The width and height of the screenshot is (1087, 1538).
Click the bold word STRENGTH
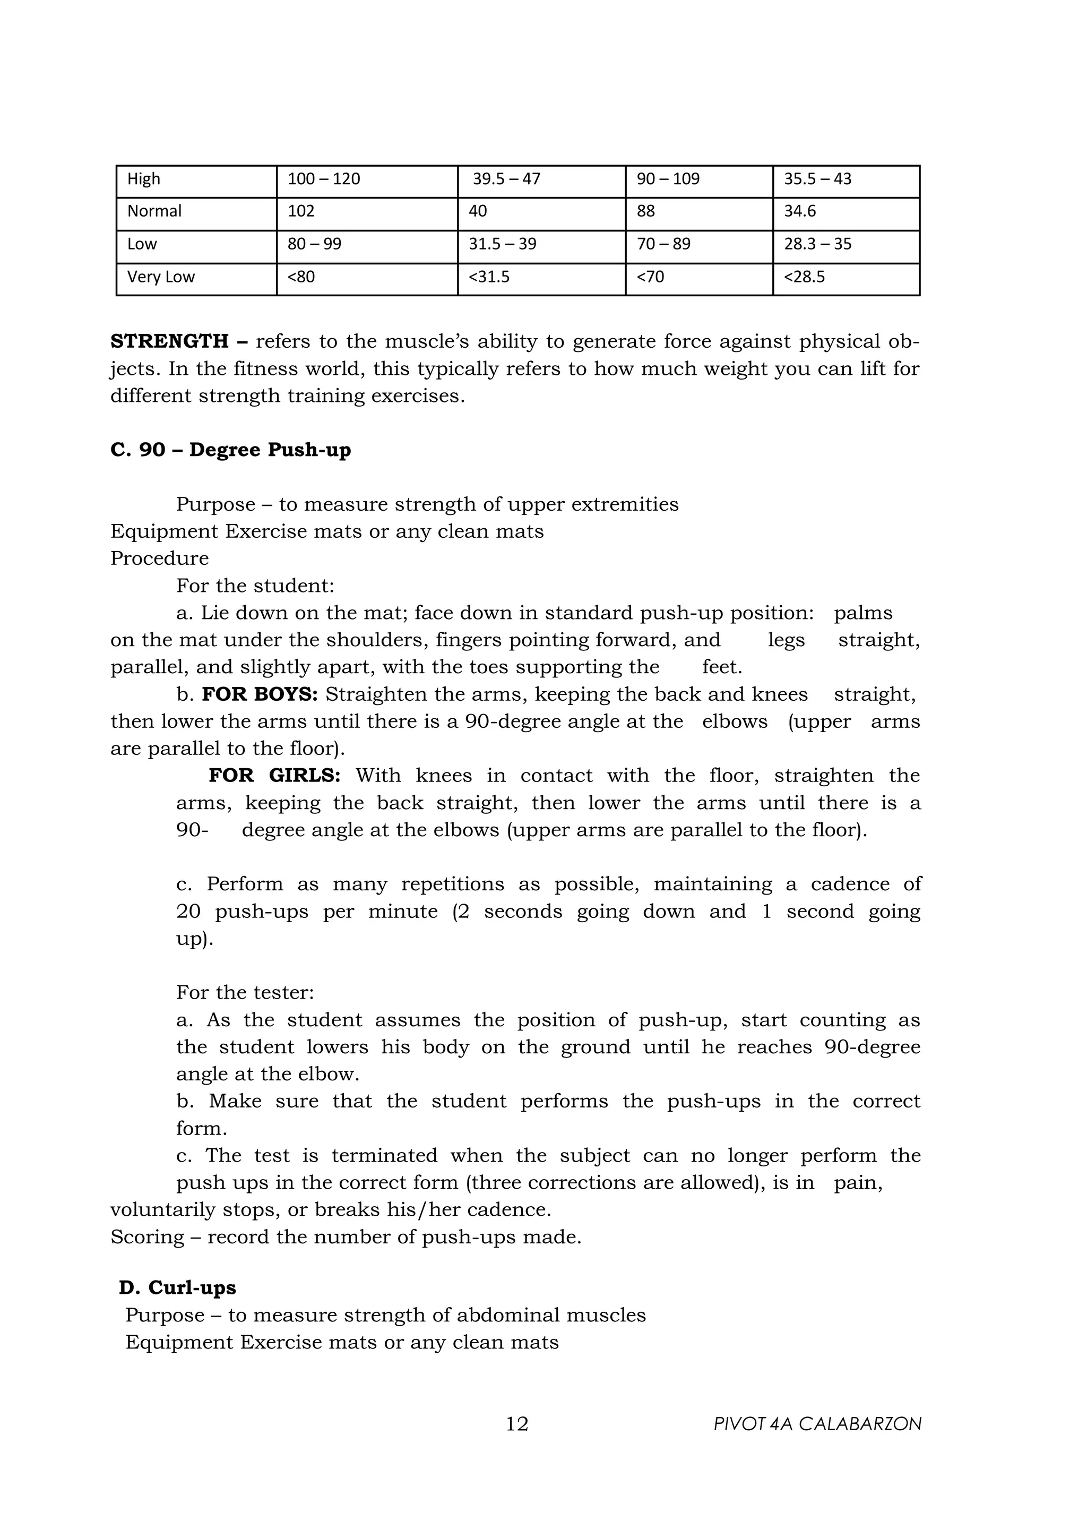point(169,341)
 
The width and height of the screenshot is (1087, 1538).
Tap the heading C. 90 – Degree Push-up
point(230,450)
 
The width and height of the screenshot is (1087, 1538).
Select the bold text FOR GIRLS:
point(274,776)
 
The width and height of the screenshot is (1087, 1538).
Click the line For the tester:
point(245,993)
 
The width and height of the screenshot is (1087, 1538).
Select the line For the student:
point(255,586)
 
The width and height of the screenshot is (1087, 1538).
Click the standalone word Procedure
point(159,559)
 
